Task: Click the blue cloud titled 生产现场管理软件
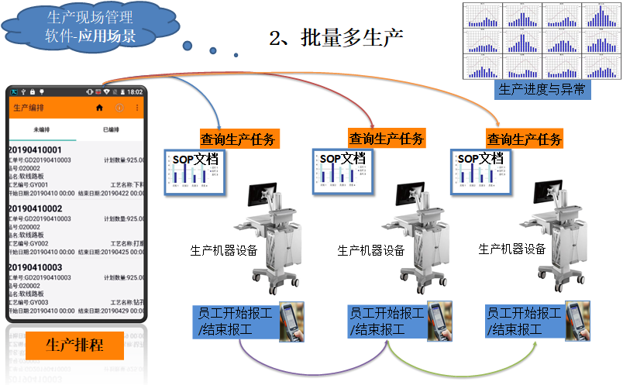click(90, 26)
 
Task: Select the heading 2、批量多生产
click(336, 37)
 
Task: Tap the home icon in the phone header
click(98, 108)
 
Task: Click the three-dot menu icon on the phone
click(138, 108)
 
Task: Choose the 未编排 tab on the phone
click(41, 129)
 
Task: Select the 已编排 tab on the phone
click(111, 129)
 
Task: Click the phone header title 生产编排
click(29, 108)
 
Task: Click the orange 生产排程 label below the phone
click(74, 344)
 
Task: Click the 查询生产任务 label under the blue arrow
click(239, 139)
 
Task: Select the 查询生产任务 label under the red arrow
click(387, 139)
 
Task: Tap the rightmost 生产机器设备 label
click(511, 249)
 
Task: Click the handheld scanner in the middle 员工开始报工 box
click(439, 321)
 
